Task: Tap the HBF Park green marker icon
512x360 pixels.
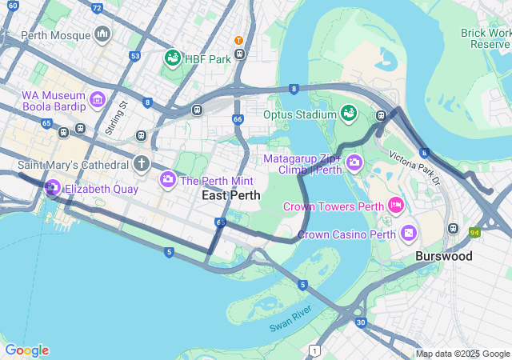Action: tap(172, 58)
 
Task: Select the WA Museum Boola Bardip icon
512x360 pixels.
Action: tap(98, 99)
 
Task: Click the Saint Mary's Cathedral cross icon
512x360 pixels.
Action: tap(142, 164)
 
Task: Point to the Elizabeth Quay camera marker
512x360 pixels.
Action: tap(53, 189)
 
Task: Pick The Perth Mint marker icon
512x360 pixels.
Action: tap(168, 180)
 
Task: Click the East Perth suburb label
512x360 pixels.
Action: tap(230, 195)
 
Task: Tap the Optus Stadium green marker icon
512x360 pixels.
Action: tap(349, 114)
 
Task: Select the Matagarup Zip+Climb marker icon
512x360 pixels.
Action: tap(354, 163)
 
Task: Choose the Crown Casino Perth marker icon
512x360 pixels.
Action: tap(409, 234)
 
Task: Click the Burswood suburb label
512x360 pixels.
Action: tap(443, 256)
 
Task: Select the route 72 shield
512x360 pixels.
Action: tap(97, 8)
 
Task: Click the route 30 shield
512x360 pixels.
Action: tap(361, 322)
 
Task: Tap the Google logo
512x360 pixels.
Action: tap(26, 350)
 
